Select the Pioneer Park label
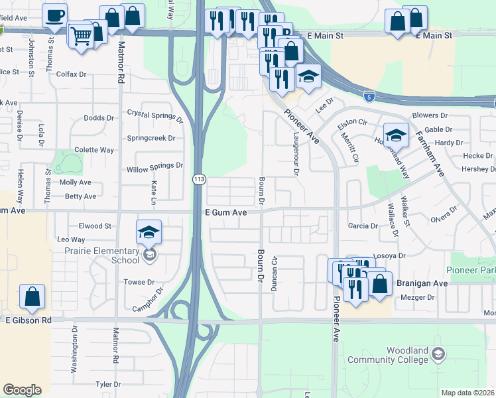470,270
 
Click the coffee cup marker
54,15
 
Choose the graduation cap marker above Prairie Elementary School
149,232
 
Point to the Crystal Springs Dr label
155,116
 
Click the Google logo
22,389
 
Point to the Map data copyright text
468,393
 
